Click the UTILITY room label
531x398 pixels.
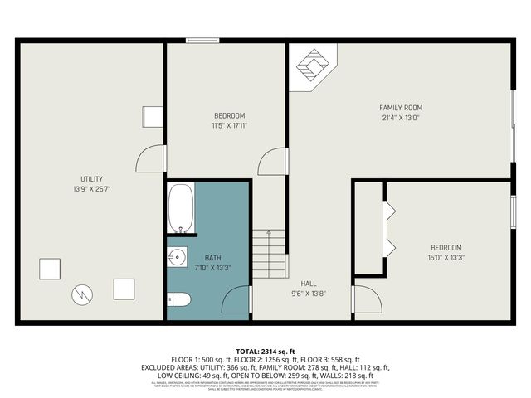[x=92, y=179]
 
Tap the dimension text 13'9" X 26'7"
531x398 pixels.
[x=92, y=189]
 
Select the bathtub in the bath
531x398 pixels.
[x=181, y=208]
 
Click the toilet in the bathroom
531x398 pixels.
[x=180, y=299]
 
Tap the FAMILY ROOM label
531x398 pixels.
[x=401, y=108]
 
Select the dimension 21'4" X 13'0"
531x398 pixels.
[x=401, y=118]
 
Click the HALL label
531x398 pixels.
[x=309, y=284]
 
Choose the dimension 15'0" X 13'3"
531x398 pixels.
[x=446, y=258]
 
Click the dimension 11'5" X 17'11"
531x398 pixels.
[x=230, y=125]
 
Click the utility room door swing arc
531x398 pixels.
[x=147, y=159]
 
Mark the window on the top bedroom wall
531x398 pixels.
[x=202, y=40]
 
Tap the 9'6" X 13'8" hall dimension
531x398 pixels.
[x=309, y=294]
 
